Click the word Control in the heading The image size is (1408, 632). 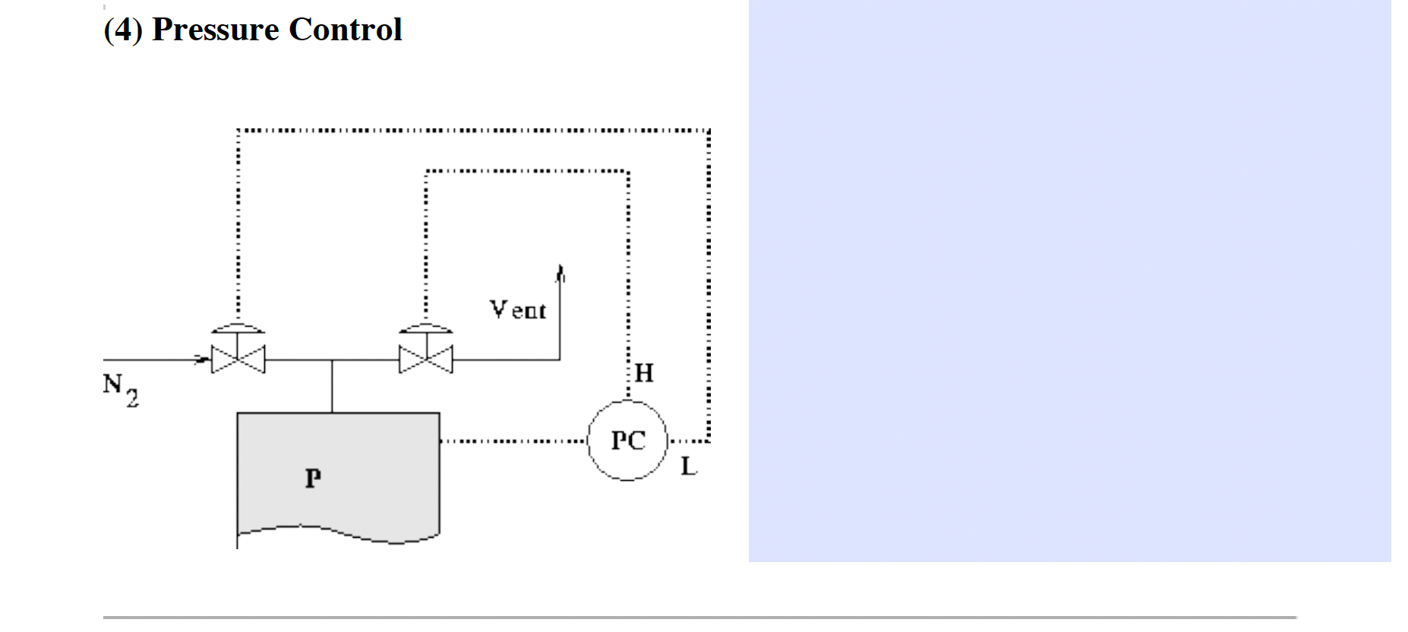click(x=345, y=30)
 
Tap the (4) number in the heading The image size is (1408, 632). click(x=123, y=30)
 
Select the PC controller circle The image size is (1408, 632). click(x=628, y=441)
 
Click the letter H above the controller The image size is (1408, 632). click(x=643, y=373)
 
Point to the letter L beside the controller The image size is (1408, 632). click(x=688, y=466)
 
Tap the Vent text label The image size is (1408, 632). click(x=517, y=309)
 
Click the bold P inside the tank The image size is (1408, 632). click(x=313, y=478)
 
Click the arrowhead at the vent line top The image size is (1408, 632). click(x=560, y=272)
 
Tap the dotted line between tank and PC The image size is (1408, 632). click(x=513, y=441)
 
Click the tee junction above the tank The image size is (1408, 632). click(x=332, y=359)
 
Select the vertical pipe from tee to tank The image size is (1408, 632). click(x=332, y=387)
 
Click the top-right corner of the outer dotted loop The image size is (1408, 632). click(x=708, y=131)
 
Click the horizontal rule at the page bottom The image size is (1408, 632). click(x=699, y=618)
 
